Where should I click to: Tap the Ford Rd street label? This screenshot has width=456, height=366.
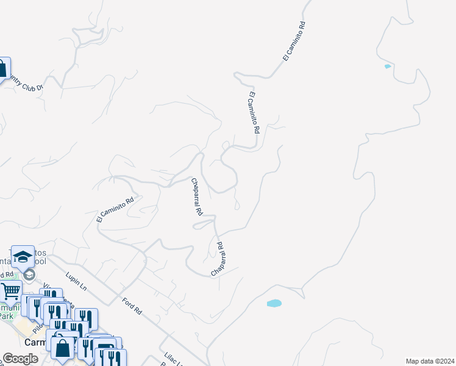pyautogui.click(x=132, y=306)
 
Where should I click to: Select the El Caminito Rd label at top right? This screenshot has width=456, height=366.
pyautogui.click(x=293, y=41)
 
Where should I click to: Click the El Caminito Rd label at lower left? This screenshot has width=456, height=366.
pyautogui.click(x=115, y=209)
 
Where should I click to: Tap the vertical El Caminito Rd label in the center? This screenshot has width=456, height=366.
pyautogui.click(x=254, y=112)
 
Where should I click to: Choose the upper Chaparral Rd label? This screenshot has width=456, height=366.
pyautogui.click(x=196, y=198)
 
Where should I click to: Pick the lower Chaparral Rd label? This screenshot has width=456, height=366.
pyautogui.click(x=219, y=259)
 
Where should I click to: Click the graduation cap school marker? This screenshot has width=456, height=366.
pyautogui.click(x=23, y=257)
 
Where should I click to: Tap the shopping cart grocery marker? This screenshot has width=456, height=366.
pyautogui.click(x=10, y=290)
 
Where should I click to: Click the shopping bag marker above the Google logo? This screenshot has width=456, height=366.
pyautogui.click(x=63, y=348)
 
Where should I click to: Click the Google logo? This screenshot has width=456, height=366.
pyautogui.click(x=20, y=359)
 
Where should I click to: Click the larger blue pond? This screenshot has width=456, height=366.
pyautogui.click(x=274, y=303)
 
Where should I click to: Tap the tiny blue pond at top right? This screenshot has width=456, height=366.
pyautogui.click(x=387, y=66)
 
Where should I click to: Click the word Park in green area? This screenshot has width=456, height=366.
pyautogui.click(x=5, y=316)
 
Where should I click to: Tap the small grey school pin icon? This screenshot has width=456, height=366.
pyautogui.click(x=29, y=275)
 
